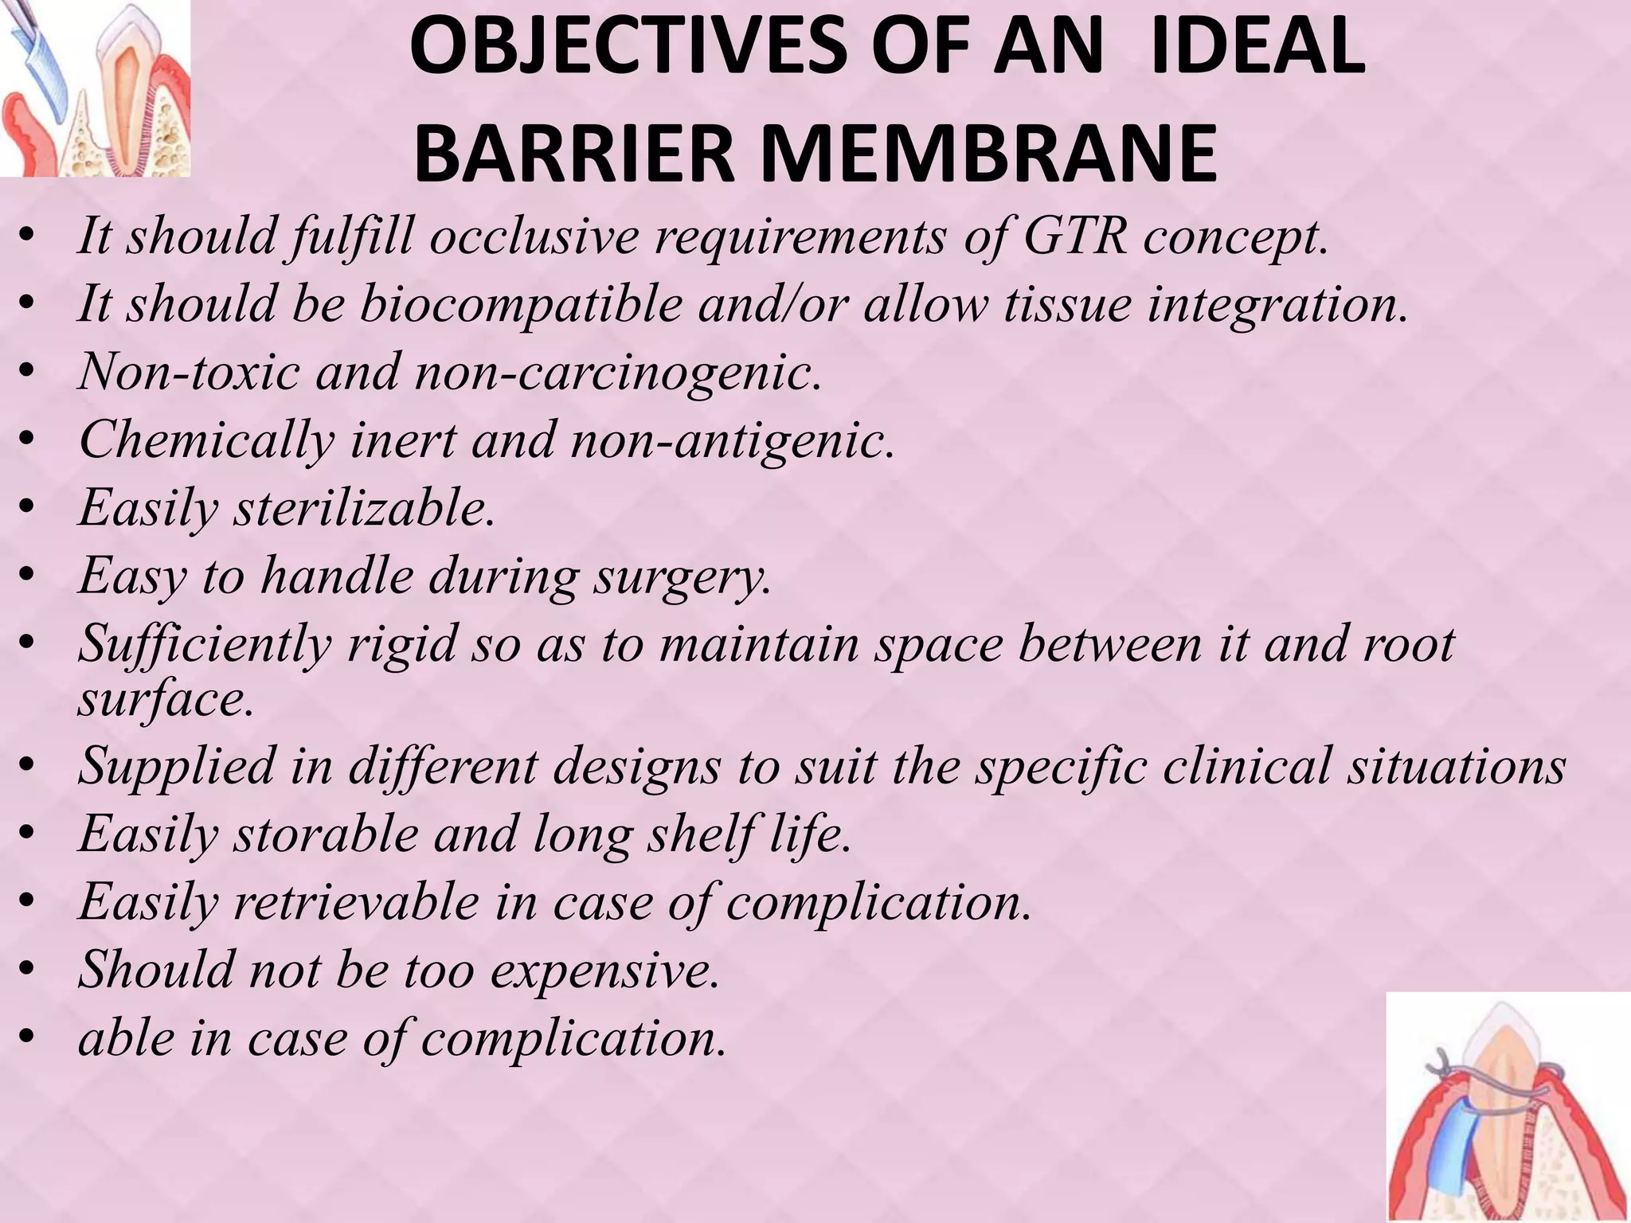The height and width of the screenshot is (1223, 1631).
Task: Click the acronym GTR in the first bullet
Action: click(x=1074, y=236)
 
